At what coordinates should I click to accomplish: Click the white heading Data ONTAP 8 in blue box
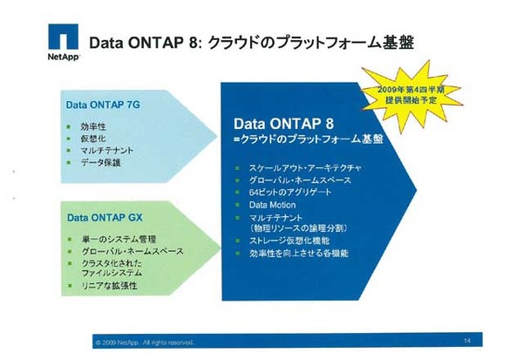(285, 123)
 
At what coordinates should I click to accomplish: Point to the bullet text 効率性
(93, 126)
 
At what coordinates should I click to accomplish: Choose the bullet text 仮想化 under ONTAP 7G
(93, 139)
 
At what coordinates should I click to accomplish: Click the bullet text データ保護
(100, 163)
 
